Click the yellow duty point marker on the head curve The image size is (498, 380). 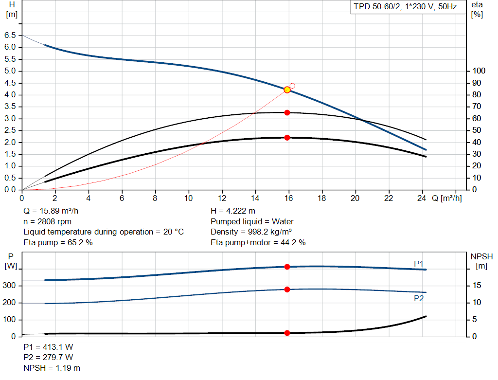coord(287,90)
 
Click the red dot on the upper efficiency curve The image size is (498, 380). coord(287,112)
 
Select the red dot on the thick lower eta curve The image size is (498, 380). coord(287,138)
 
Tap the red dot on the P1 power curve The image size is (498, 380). coord(287,267)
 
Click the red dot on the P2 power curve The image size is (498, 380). coord(287,290)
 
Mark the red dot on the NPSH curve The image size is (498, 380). coord(287,333)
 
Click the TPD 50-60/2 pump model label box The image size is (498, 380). coord(405,7)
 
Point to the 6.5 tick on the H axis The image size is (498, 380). coord(10,36)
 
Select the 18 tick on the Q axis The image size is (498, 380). coord(322,198)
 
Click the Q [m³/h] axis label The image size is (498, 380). coord(446,198)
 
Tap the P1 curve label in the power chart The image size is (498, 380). coord(419,264)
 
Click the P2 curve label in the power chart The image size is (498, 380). coord(419,298)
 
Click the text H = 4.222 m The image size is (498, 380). coord(233,211)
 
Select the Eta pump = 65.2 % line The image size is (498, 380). coord(58,242)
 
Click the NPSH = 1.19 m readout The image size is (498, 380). coord(52,368)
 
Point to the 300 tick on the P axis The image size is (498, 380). coord(10,286)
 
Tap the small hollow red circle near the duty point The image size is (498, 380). coord(292,86)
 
